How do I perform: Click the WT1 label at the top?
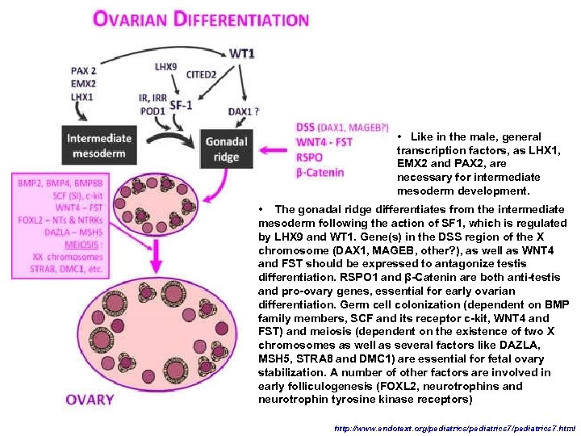[x=242, y=53]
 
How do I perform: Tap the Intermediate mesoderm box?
[x=98, y=146]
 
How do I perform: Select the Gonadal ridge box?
[x=227, y=149]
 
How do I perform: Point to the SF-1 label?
[x=182, y=104]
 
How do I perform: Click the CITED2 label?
[x=201, y=75]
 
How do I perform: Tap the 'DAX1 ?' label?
[x=244, y=111]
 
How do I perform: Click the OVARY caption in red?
[x=90, y=399]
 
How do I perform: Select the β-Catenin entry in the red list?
[x=320, y=172]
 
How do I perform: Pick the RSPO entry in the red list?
[x=311, y=157]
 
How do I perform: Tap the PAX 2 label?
[x=84, y=70]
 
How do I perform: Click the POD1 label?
[x=153, y=111]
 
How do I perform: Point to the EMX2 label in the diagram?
[x=84, y=83]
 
